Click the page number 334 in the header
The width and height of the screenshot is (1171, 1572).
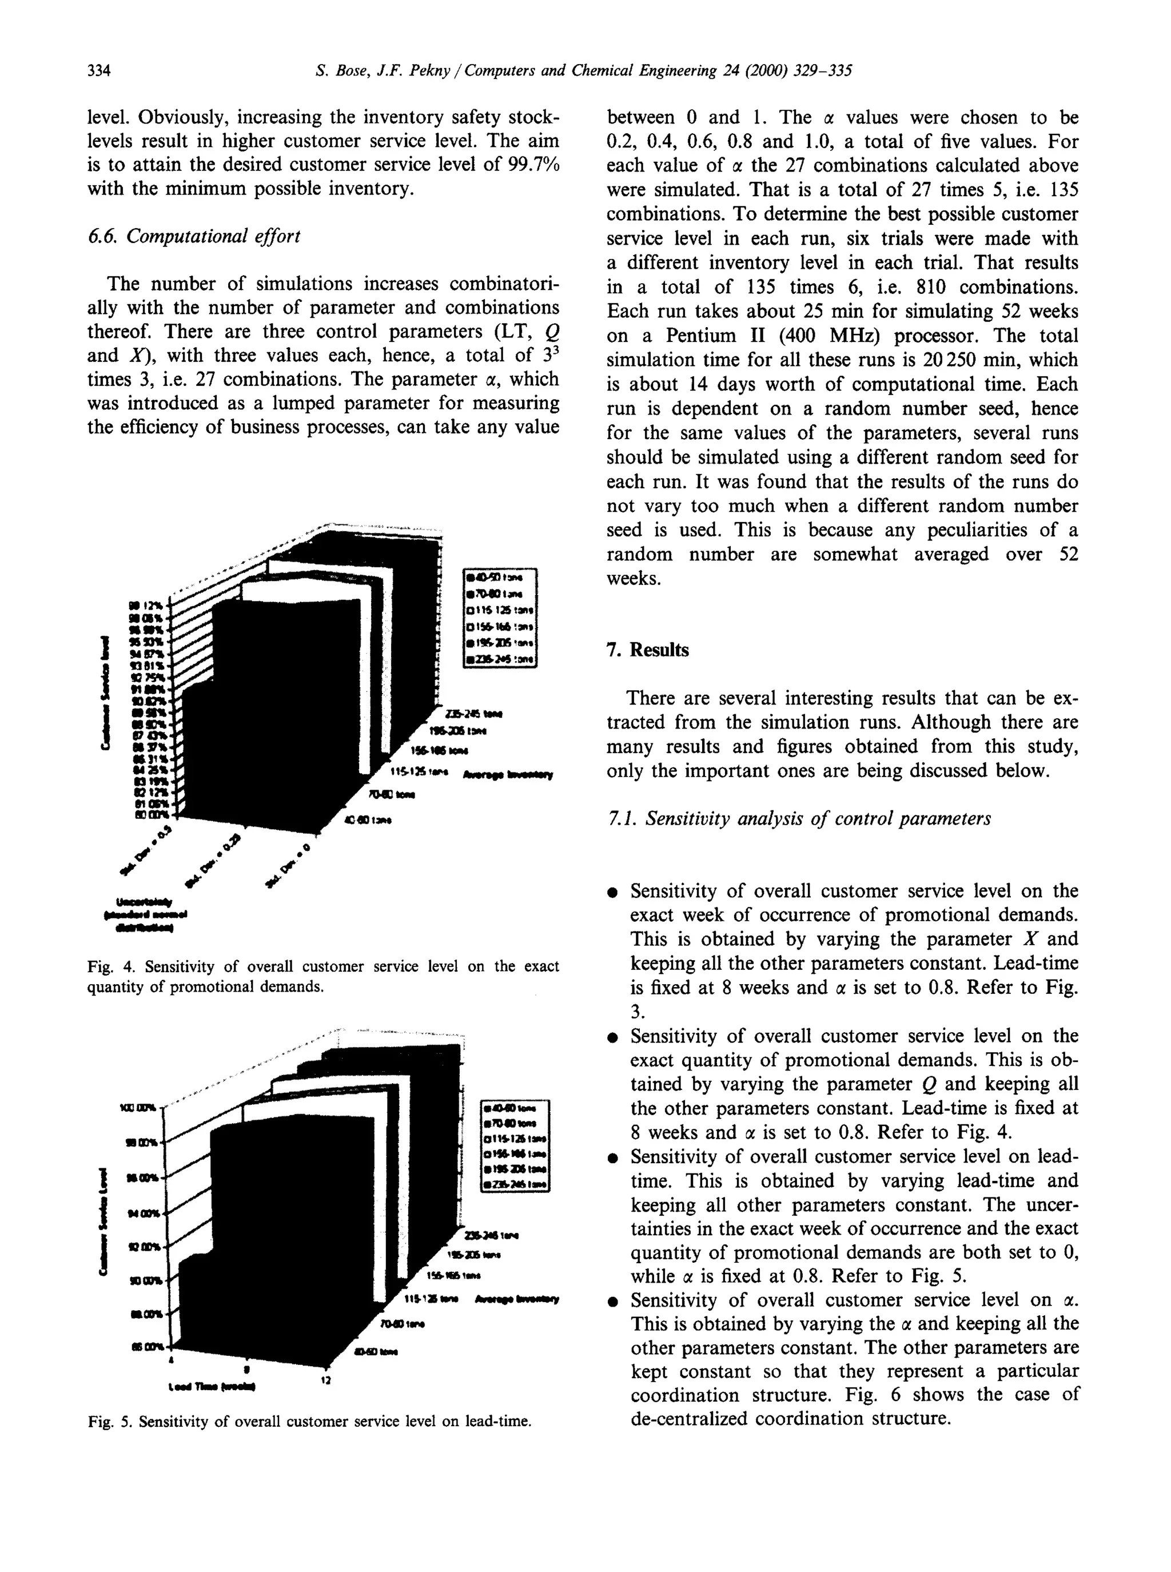(99, 71)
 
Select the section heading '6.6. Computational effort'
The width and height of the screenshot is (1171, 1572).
(193, 236)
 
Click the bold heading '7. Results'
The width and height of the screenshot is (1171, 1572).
(647, 650)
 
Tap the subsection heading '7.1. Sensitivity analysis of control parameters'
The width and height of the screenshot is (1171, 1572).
(799, 819)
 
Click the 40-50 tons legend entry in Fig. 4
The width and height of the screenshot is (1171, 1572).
(500, 577)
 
